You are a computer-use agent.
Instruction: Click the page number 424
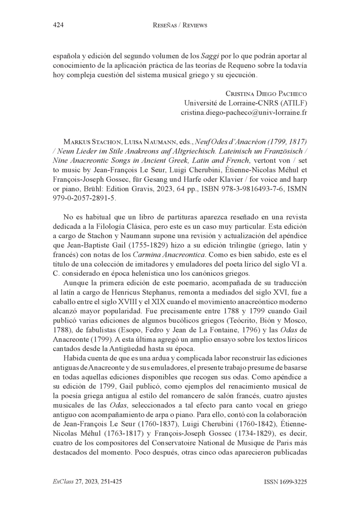tap(57, 25)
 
